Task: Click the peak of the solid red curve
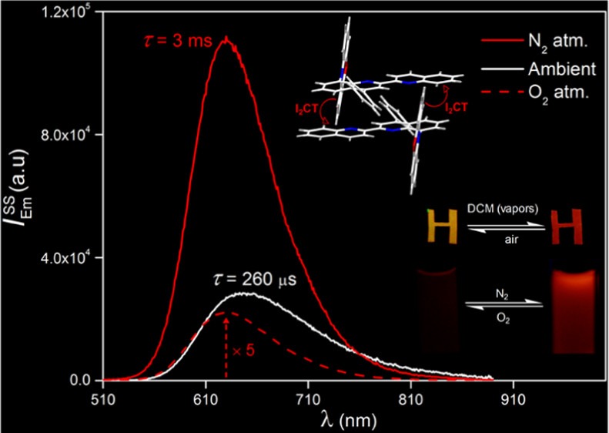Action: [x=226, y=39]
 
